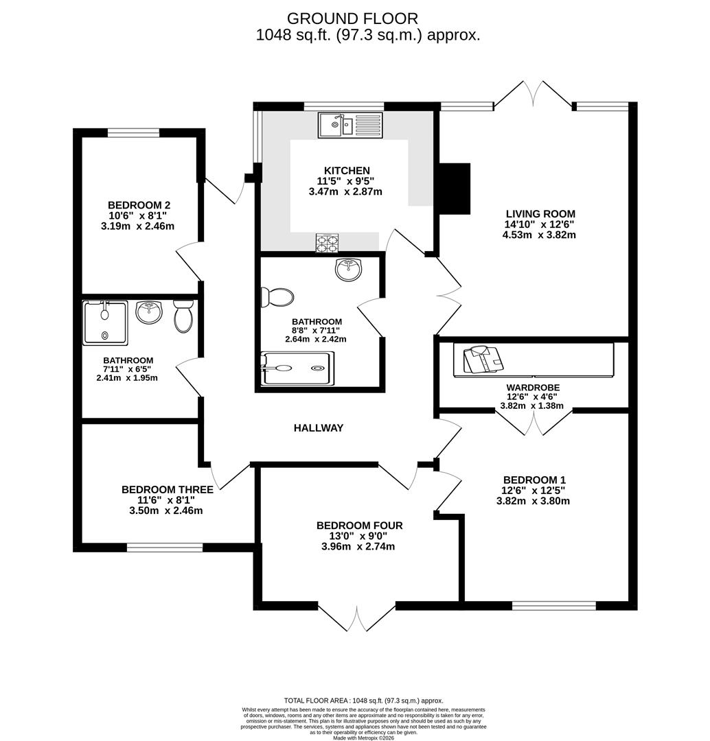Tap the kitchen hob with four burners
[x=326, y=243]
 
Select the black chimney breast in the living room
[x=454, y=188]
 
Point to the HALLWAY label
[x=319, y=428]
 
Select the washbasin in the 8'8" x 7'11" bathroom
[x=349, y=270]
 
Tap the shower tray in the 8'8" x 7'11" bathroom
[x=298, y=368]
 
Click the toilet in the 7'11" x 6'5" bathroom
[x=183, y=316]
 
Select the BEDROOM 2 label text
[x=139, y=204]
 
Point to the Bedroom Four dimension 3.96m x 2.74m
[x=359, y=547]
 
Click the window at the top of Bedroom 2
[x=134, y=133]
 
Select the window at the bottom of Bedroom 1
[x=553, y=606]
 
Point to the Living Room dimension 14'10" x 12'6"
[x=539, y=224]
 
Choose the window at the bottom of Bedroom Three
[x=164, y=548]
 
